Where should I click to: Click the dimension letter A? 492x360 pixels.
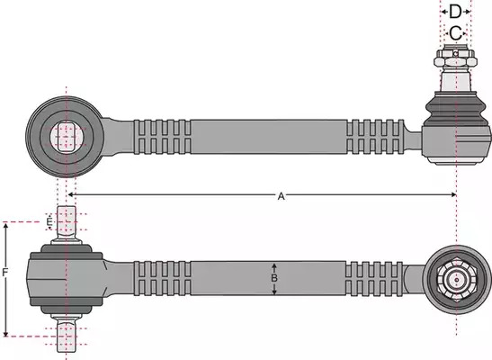pos(282,196)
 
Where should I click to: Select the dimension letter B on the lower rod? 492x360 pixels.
pos(274,278)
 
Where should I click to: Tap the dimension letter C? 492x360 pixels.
pos(456,33)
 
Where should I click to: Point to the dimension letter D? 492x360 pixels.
pos(455,12)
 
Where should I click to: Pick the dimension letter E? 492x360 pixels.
pos(49,222)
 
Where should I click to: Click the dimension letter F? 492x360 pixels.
pos(5,273)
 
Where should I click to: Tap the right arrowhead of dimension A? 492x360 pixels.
pos(453,195)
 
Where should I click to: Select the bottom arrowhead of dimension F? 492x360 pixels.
pos(5,333)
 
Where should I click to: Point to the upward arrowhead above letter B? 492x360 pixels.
pos(274,266)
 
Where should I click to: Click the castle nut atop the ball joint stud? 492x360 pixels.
pos(455,57)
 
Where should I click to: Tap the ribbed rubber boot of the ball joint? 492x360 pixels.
pos(456,109)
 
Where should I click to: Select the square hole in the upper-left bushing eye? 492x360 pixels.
pos(67,137)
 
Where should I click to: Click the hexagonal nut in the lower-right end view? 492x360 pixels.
pos(457,280)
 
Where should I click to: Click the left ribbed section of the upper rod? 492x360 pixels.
pos(162,137)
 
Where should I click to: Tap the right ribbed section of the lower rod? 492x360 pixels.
pos(374,278)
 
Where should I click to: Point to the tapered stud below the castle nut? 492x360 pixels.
pos(456,80)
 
